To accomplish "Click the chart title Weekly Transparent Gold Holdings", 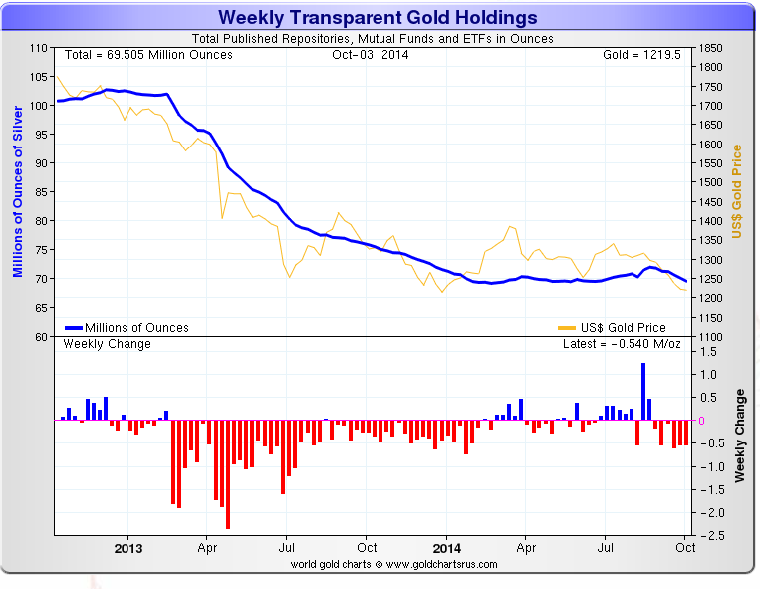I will coord(378,17).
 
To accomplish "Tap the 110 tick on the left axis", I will coord(39,48).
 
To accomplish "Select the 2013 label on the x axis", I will coord(128,547).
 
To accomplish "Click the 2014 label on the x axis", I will coord(447,547).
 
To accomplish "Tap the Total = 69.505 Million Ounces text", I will coord(148,54).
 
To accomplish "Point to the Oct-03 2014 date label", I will coord(370,54).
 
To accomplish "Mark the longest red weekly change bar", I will coord(228,474).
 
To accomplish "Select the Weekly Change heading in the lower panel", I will coord(108,344).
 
